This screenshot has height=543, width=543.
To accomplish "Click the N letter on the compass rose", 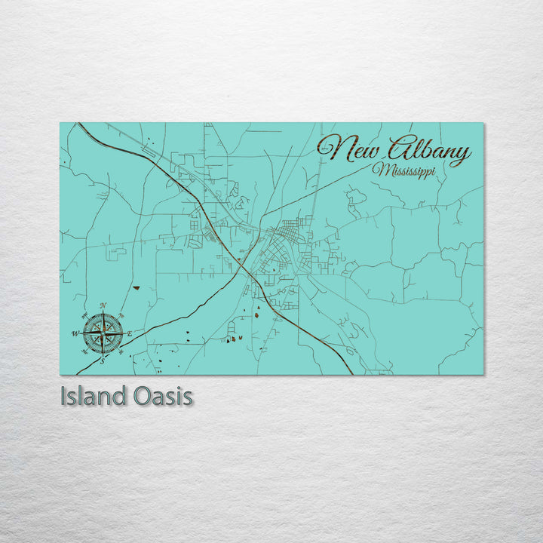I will (x=103, y=305).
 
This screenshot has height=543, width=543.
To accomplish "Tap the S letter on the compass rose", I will (x=103, y=360).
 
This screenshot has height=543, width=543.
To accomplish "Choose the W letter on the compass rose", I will (x=75, y=333).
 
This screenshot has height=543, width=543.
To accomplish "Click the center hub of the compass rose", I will (x=103, y=333).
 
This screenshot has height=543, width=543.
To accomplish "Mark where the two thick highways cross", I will (x=243, y=265).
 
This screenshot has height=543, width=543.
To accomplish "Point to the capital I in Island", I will (x=63, y=396).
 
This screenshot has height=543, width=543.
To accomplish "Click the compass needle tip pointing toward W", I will (x=81, y=333).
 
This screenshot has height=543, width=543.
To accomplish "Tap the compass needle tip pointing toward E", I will (x=124, y=333).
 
